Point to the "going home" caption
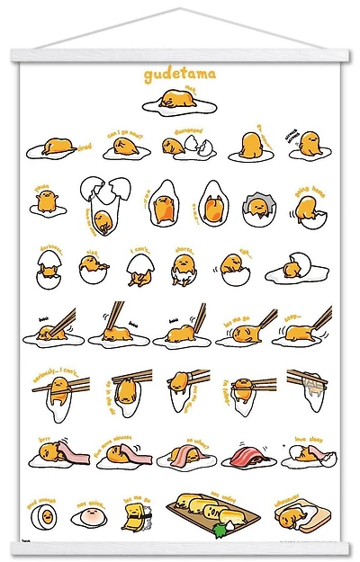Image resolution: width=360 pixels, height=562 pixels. point(310,191)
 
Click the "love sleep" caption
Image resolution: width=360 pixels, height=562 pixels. point(310,435)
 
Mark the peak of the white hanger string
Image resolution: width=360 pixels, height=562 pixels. point(180,10)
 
